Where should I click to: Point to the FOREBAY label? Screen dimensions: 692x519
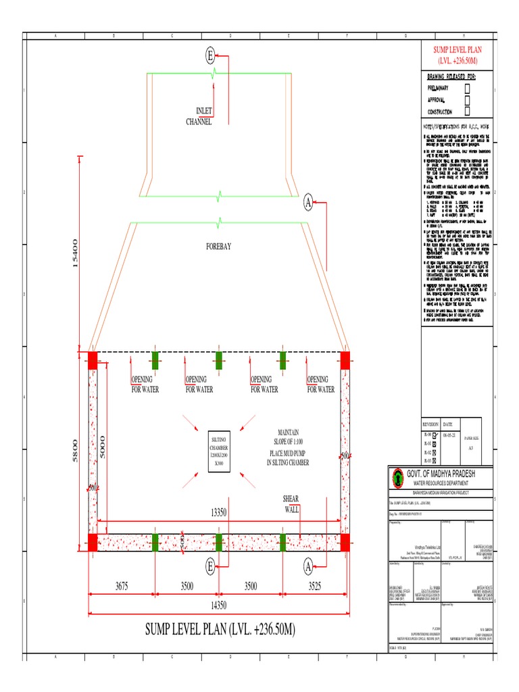point(218,247)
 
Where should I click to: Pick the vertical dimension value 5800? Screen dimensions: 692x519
point(75,451)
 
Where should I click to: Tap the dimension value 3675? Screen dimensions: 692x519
point(122,587)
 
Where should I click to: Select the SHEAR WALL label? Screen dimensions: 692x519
point(290,503)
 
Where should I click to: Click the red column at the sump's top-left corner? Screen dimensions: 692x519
point(93,360)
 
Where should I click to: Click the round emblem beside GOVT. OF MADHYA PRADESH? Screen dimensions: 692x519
point(397,477)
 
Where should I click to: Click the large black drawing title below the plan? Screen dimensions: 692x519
point(220,629)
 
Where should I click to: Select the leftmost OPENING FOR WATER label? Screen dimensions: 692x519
point(144,384)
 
